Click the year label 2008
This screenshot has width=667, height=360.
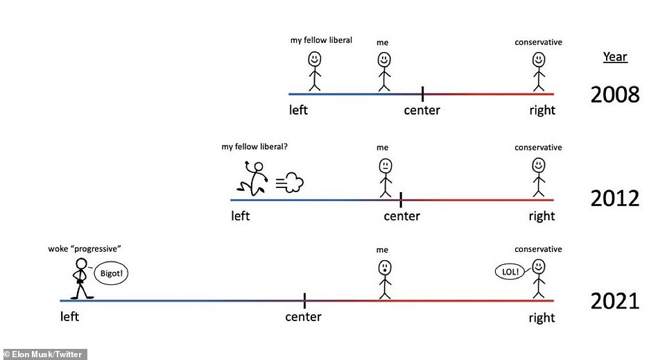615,94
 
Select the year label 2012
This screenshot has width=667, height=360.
615,198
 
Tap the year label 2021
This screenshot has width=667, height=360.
615,301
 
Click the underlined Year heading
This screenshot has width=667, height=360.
615,57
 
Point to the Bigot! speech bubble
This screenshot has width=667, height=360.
111,273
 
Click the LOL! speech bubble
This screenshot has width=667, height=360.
510,271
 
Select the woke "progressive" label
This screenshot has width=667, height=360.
84,249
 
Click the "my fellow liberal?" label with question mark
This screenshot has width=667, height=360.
254,147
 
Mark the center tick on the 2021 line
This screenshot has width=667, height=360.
304,300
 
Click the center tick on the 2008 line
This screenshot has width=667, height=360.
422,94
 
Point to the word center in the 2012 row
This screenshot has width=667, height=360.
401,216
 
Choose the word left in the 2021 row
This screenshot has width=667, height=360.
69,316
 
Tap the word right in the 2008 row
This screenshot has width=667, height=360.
542,111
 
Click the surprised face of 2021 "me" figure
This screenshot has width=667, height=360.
385,268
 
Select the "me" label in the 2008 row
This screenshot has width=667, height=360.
383,42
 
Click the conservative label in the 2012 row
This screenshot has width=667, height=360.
538,148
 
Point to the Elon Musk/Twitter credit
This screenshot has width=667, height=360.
43,354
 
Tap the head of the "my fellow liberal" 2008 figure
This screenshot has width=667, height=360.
315,59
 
